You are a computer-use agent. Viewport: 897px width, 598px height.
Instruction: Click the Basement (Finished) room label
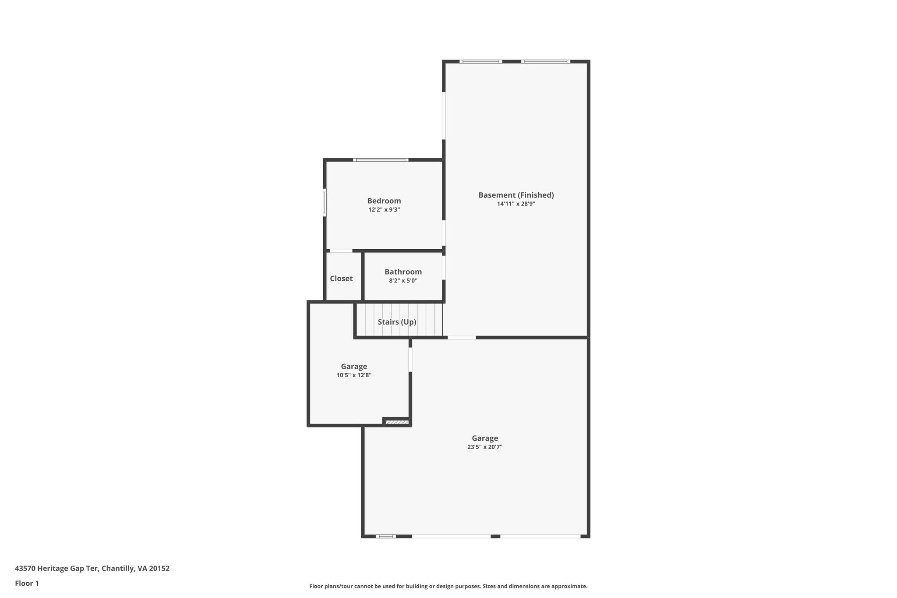(x=516, y=195)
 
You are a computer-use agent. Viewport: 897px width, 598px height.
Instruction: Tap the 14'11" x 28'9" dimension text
(x=516, y=204)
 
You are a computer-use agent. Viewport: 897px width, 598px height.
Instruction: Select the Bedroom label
(x=384, y=201)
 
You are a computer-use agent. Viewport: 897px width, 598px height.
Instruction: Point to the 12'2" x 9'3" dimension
(x=384, y=209)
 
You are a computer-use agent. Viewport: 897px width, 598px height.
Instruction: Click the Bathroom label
(x=403, y=272)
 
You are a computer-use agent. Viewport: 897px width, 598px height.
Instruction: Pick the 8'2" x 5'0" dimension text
(x=403, y=280)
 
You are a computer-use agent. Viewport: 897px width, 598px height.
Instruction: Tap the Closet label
(x=341, y=278)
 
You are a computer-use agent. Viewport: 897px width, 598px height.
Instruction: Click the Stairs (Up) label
(x=397, y=322)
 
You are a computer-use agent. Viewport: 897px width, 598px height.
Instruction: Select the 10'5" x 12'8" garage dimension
(x=354, y=375)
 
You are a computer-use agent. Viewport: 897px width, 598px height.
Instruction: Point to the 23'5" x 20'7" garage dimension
(x=485, y=447)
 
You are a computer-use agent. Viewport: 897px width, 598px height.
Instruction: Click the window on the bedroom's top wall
(x=381, y=160)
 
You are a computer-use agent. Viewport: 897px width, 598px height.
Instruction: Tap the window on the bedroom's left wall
(x=325, y=202)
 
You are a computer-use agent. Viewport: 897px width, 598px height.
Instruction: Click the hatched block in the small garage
(x=397, y=422)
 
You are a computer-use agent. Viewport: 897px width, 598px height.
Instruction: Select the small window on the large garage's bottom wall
(x=386, y=536)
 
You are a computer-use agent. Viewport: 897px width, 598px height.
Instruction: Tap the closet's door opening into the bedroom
(x=341, y=251)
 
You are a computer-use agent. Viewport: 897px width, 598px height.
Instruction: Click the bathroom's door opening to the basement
(x=444, y=267)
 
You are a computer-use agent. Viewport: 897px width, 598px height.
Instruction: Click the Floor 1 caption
(x=27, y=583)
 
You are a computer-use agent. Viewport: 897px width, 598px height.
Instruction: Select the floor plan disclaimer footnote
(x=448, y=586)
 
